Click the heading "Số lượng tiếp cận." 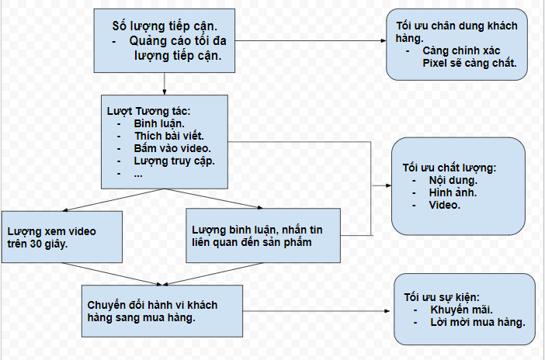click(165, 26)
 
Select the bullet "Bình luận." click(159, 123)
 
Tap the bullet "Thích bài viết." click(169, 136)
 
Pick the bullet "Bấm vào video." click(172, 148)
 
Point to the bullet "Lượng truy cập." click(175, 161)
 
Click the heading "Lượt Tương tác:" click(149, 111)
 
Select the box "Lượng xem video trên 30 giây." click(62, 237)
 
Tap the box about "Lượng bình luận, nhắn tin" click(263, 236)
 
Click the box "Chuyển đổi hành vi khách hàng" click(162, 311)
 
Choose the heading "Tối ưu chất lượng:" click(450, 168)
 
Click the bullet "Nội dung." click(453, 180)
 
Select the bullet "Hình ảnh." click(453, 192)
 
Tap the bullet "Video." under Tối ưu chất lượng click(445, 205)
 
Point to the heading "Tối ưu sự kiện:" click(442, 297)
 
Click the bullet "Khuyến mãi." click(462, 310)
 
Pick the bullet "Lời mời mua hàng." click(478, 322)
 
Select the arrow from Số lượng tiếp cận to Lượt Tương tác click(165, 84)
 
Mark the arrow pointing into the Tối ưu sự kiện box click(316, 311)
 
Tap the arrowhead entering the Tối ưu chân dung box click(384, 40)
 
